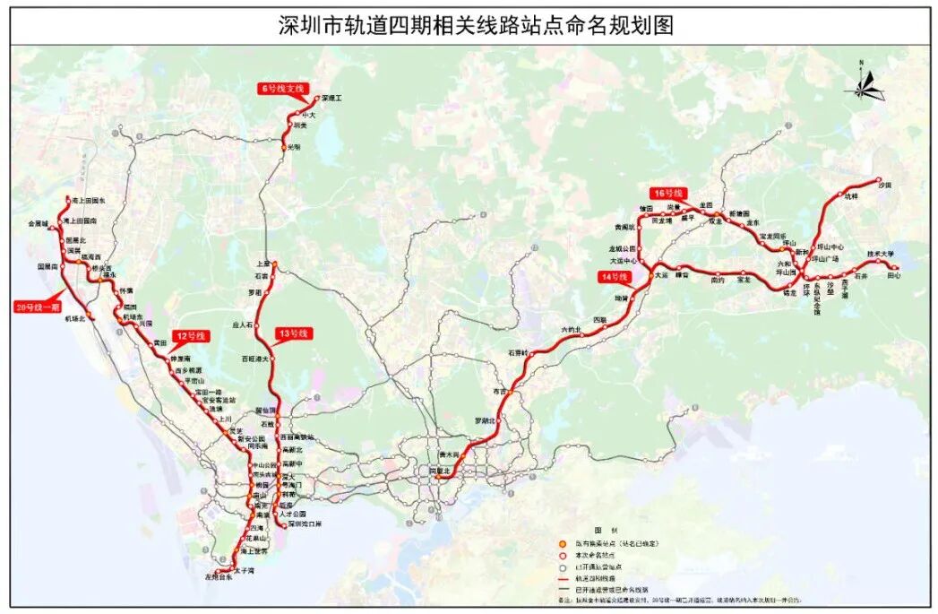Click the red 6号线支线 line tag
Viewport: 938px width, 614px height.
[x=283, y=88]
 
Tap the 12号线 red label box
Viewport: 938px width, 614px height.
[x=190, y=336]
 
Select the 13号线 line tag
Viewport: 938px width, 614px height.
[x=293, y=333]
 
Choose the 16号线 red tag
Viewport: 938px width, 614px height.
[x=667, y=193]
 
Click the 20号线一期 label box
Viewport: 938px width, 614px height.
[x=38, y=307]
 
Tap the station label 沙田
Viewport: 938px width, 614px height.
[x=886, y=185]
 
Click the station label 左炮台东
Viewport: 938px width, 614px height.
[x=217, y=577]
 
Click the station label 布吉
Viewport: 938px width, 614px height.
[x=499, y=393]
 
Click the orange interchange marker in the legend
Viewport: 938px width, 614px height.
[x=560, y=545]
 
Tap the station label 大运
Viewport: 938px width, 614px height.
[x=661, y=276]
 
